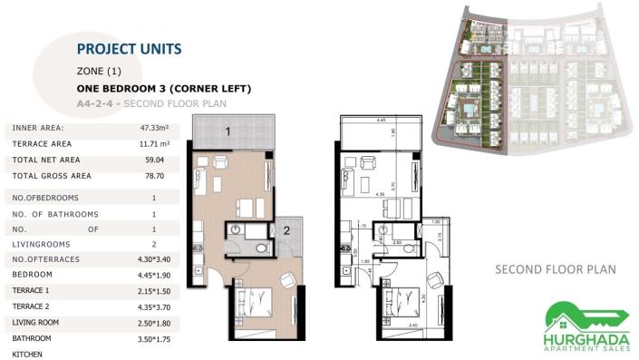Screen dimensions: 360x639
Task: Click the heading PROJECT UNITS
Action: pyautogui.click(x=129, y=48)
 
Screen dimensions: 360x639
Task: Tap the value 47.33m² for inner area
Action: pyautogui.click(x=154, y=128)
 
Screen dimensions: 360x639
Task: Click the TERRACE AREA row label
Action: pyautogui.click(x=42, y=143)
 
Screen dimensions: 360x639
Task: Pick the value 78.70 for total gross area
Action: pyautogui.click(x=154, y=175)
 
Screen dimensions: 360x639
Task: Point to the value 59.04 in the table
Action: pyautogui.click(x=154, y=159)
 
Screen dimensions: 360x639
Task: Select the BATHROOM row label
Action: pyautogui.click(x=33, y=338)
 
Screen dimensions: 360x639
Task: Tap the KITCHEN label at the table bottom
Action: pyautogui.click(x=29, y=355)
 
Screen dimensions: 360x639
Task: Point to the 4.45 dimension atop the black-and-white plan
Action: pyautogui.click(x=382, y=119)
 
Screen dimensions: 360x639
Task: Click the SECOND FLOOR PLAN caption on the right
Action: pyautogui.click(x=555, y=269)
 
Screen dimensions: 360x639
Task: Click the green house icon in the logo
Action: pyautogui.click(x=566, y=313)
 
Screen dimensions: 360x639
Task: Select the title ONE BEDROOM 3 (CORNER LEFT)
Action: pyautogui.click(x=164, y=88)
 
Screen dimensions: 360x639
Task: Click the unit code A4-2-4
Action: pyautogui.click(x=98, y=103)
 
